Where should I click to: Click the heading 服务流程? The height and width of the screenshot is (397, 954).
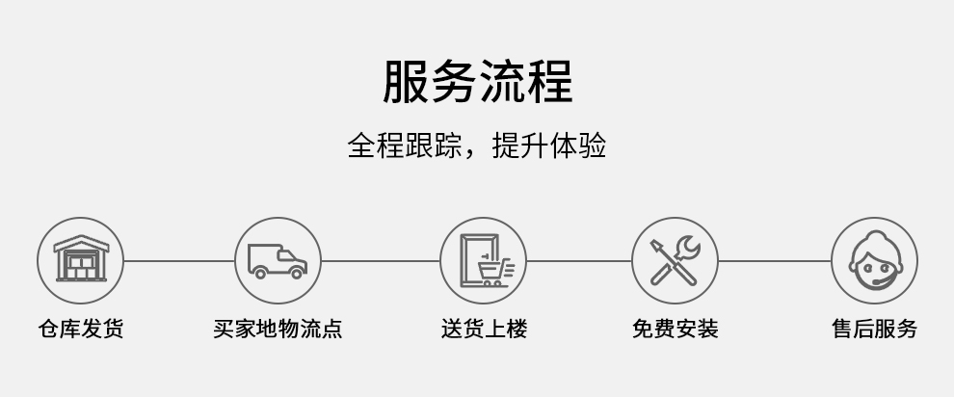point(478,81)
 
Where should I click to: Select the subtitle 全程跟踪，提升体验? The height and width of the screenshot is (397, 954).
point(477,146)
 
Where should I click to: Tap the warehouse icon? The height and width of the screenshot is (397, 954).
point(81,259)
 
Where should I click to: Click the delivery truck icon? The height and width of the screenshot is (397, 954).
point(278,261)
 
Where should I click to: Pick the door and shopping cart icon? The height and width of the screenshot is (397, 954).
point(486,260)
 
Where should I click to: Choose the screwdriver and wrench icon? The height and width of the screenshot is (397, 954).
point(675,260)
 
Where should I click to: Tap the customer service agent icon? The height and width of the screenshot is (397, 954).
point(875,260)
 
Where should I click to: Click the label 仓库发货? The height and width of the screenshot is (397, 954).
point(81,329)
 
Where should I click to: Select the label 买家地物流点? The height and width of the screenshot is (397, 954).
point(278,329)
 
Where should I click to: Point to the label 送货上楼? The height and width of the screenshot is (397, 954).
point(484,329)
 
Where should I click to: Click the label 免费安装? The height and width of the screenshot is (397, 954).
point(676,329)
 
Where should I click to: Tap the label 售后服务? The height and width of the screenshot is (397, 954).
point(874,329)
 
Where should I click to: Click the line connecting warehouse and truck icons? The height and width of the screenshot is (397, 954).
point(179,261)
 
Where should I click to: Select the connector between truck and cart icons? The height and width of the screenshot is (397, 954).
point(381,261)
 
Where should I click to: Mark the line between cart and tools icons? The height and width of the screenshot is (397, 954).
point(578,261)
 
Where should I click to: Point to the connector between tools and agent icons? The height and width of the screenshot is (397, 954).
point(775,261)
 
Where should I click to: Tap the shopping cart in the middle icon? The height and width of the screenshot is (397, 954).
point(495,272)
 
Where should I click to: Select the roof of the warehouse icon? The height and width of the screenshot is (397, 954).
point(81,243)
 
